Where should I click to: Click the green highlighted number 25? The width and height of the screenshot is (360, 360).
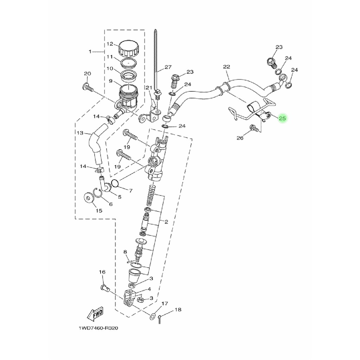(x=282, y=118)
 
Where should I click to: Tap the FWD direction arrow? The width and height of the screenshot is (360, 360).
(x=95, y=314)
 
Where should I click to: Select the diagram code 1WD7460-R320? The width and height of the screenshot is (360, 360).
(x=98, y=328)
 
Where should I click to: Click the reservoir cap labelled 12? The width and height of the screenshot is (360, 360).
(x=129, y=49)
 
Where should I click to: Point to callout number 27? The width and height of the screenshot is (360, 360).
(x=168, y=67)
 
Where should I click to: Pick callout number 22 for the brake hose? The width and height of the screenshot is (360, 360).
(x=226, y=66)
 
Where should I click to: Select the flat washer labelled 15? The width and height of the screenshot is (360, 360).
(x=88, y=198)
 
